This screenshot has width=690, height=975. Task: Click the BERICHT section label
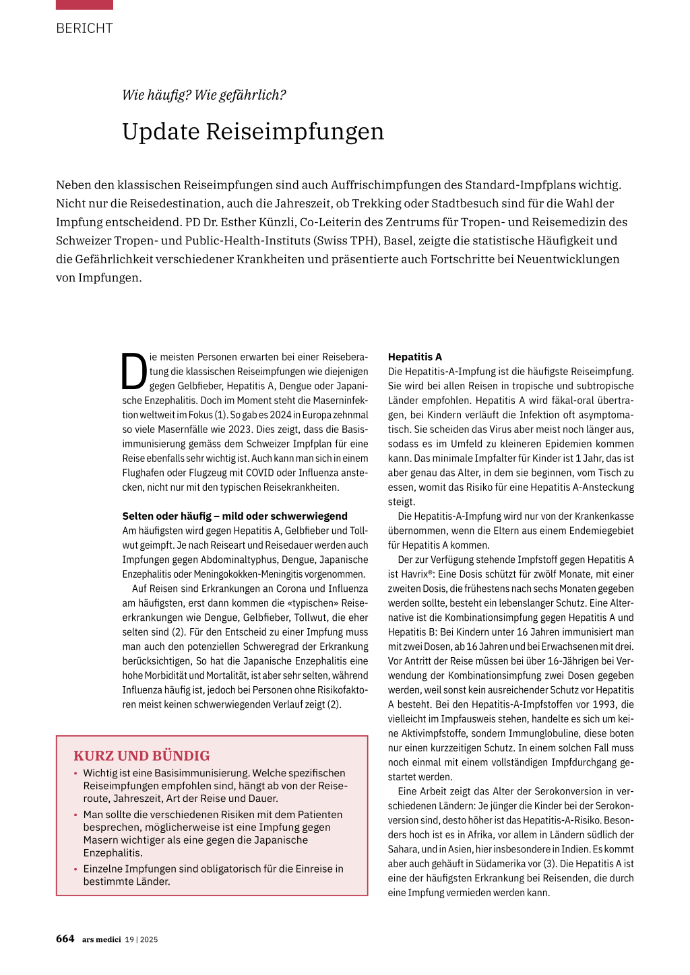[x=85, y=28]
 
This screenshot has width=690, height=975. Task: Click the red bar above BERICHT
[x=85, y=4]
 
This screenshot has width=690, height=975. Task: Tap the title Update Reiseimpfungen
[x=253, y=131]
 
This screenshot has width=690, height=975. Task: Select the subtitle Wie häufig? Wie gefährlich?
[x=203, y=95]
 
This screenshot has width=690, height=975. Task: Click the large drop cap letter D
[x=134, y=372]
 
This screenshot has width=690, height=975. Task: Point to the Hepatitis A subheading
[x=414, y=357]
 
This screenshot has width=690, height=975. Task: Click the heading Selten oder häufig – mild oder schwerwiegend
[x=234, y=516]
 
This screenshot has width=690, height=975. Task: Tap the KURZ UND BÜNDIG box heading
[x=142, y=755]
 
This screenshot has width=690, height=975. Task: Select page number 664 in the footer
[x=65, y=939]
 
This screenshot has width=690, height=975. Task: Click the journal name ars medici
[x=102, y=939]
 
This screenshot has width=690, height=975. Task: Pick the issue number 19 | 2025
[x=142, y=939]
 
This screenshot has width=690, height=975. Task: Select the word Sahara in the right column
[x=402, y=849]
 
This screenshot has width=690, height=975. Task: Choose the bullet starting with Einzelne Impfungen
[x=213, y=875]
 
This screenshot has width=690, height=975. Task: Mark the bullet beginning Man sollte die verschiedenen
[x=213, y=834]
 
